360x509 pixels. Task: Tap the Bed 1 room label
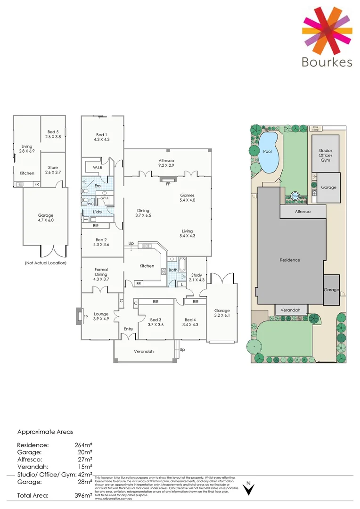coord(102,137)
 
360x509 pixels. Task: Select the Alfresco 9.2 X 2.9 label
coord(167,164)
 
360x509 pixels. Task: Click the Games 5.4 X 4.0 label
coord(187,198)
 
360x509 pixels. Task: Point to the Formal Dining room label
coord(101,272)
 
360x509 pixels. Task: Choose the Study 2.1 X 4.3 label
coord(197,278)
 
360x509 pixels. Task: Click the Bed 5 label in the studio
coord(53,134)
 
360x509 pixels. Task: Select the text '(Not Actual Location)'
coord(46,263)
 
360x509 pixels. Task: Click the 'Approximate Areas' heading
coord(45,431)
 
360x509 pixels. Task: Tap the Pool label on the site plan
coord(267,152)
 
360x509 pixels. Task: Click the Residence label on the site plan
coord(290,260)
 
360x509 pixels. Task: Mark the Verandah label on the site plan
coord(291,310)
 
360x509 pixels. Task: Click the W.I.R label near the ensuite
coord(98,167)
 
